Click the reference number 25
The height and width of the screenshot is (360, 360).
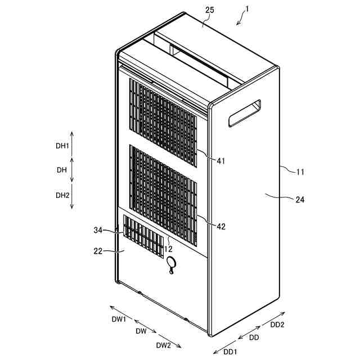[209, 11]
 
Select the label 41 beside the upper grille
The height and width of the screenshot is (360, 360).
[220, 161]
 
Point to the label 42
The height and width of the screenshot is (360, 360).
[221, 226]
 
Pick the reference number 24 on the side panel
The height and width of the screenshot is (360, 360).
[300, 199]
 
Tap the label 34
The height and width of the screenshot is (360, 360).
[100, 230]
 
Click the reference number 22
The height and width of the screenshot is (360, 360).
[98, 251]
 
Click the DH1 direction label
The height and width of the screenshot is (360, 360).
[62, 146]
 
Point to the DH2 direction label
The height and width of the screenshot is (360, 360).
[62, 195]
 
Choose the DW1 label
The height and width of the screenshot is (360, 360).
[119, 319]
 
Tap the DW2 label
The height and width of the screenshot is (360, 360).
[164, 345]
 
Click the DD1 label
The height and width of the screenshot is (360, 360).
[231, 351]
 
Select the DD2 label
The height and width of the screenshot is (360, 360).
[277, 325]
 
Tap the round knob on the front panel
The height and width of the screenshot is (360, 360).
[172, 262]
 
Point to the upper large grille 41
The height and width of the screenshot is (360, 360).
[163, 120]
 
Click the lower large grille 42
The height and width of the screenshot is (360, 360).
[164, 194]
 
